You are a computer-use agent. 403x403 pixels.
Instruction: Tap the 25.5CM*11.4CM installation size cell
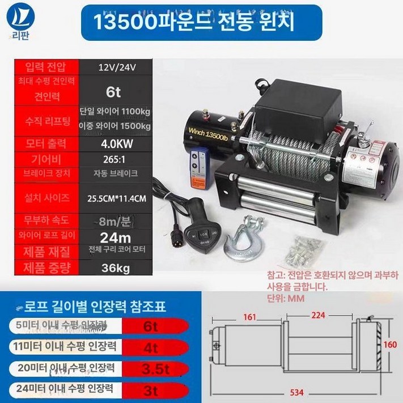(x=116, y=199)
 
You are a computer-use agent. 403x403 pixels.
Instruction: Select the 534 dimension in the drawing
(x=292, y=391)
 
